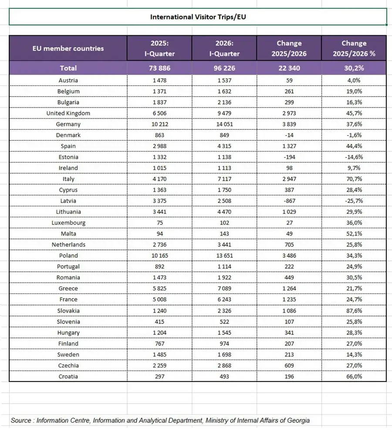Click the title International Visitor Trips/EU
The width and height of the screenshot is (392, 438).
[198, 17]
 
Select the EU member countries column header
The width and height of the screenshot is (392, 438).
[68, 48]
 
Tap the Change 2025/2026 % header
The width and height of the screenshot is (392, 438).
[354, 48]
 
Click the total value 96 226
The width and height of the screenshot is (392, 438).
[224, 68]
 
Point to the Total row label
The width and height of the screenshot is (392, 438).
[68, 68]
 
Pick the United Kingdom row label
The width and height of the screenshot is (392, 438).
[68, 113]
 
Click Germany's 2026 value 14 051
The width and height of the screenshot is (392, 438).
[224, 124]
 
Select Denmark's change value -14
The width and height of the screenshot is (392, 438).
[289, 135]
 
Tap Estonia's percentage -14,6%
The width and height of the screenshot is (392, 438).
[354, 157]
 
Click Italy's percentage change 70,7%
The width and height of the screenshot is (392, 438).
[354, 179]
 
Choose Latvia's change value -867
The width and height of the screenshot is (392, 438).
[289, 201]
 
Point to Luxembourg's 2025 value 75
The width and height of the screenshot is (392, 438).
[159, 222]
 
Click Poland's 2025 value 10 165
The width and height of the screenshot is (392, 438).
[159, 256]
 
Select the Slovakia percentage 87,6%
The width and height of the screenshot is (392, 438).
[354, 310]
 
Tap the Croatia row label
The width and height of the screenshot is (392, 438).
[68, 376]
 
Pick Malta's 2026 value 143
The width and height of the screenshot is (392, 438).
[224, 233]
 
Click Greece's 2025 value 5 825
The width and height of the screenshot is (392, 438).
[159, 288]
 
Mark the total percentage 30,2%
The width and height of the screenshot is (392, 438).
[354, 68]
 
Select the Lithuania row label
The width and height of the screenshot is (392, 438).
[68, 212]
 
